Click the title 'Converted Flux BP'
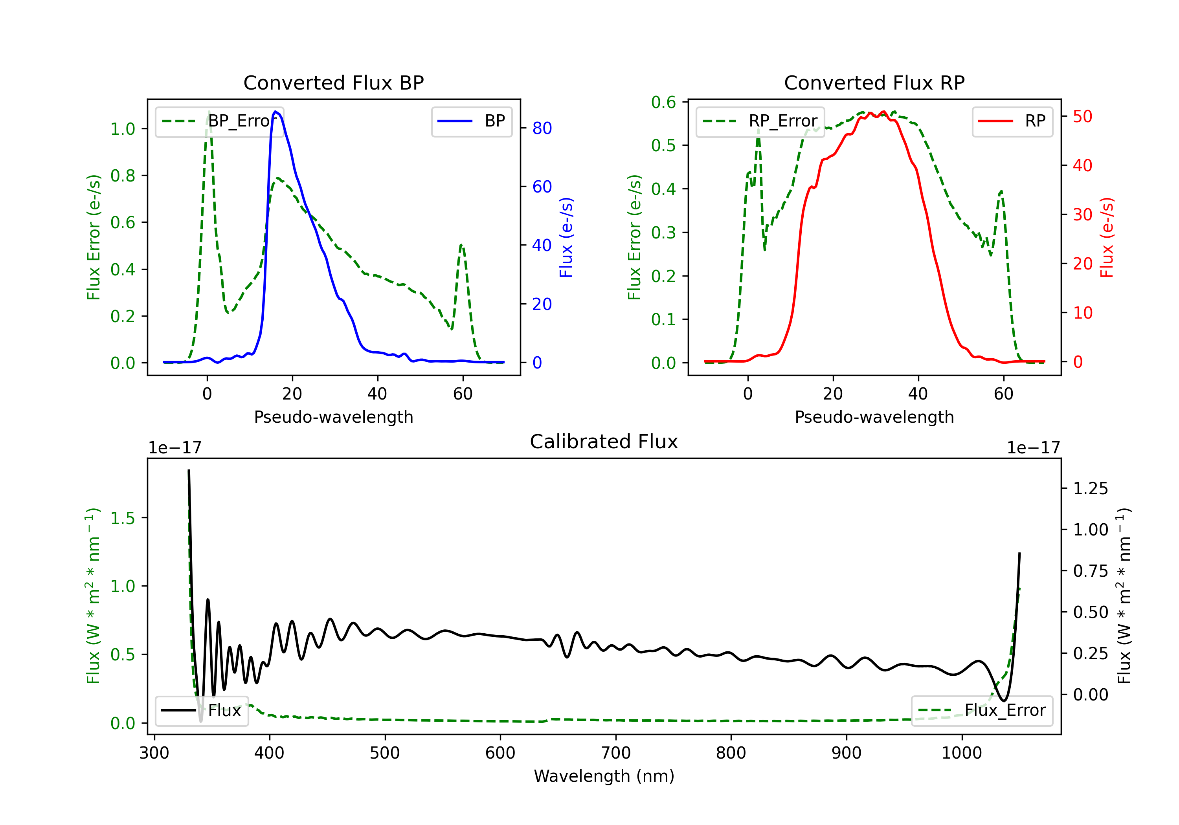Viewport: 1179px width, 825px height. coord(333,82)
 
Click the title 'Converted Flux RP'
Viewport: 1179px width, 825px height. coord(874,82)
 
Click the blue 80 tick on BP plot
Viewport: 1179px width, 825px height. coord(542,128)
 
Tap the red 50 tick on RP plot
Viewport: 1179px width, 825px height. coord(1082,117)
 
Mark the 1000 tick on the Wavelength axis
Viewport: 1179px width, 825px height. coord(961,753)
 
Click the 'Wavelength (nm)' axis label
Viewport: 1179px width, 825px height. coord(604,776)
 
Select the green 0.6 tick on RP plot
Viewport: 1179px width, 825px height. coord(663,102)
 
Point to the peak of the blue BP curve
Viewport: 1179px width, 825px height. coord(276,112)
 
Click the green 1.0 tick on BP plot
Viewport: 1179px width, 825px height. coord(123,129)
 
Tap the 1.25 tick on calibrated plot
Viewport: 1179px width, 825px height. coord(1090,488)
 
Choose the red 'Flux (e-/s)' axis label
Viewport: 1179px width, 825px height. coord(1107,237)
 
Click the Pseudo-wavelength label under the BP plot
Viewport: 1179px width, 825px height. coord(333,417)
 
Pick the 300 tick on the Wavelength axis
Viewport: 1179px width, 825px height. coord(154,753)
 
